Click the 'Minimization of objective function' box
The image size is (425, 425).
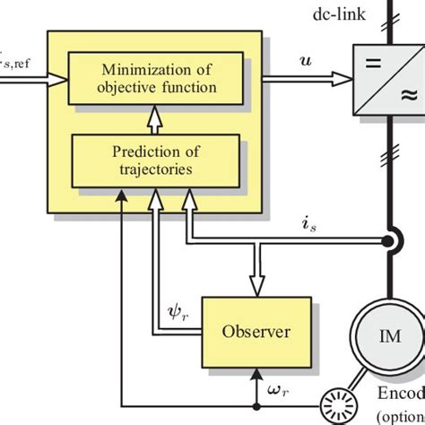pyautogui.click(x=158, y=78)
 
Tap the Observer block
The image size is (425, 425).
pyautogui.click(x=256, y=331)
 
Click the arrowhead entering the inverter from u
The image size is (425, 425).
pyautogui.click(x=346, y=78)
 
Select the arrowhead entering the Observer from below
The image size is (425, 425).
pyautogui.click(x=256, y=371)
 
